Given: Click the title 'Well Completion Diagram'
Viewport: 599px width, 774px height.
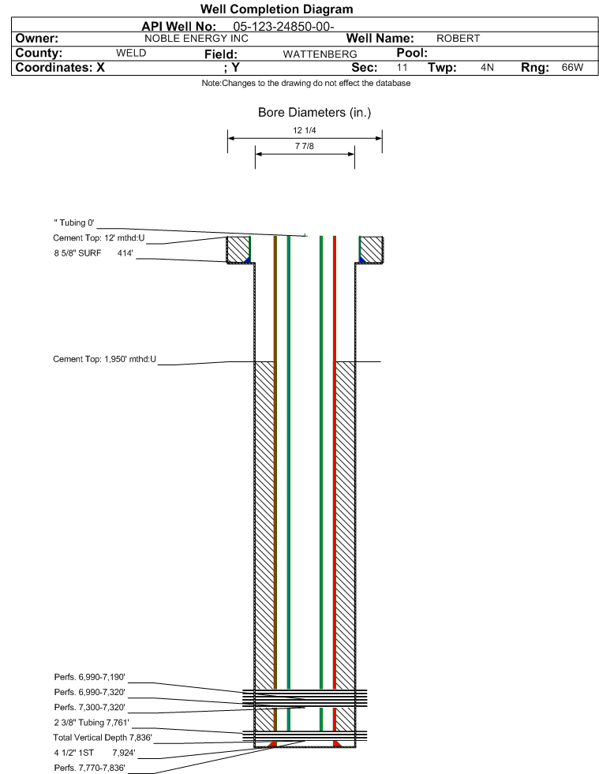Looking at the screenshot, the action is (276, 9).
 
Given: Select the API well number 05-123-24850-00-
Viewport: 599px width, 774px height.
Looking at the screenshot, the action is (283, 27).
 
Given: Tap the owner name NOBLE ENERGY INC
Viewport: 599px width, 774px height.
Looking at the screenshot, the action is (196, 39).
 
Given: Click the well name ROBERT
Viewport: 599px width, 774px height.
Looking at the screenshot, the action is (458, 39).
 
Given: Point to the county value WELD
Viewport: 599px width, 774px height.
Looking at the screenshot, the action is (131, 53).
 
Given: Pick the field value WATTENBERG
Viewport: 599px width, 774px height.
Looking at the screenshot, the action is (320, 54).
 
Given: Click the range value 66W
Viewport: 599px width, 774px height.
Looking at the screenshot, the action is (572, 67).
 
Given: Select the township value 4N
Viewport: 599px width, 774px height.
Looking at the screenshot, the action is (487, 67).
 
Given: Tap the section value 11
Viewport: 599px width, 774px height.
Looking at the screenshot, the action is (402, 67).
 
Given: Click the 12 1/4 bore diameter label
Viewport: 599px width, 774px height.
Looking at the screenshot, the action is (304, 130).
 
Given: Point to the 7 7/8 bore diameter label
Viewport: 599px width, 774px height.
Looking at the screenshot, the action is (304, 146).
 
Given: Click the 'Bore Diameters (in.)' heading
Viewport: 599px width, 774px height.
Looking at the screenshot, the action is (314, 113).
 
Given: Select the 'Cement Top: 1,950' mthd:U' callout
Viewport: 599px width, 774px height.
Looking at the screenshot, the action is (104, 359).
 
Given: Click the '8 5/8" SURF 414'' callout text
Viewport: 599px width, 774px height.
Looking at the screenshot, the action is (93, 253).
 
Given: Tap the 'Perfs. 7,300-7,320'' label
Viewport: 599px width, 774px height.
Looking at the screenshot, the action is (89, 708).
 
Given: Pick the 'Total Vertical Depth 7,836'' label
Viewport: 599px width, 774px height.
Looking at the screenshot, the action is (103, 738).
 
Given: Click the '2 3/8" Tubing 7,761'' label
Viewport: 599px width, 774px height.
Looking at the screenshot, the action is (92, 723).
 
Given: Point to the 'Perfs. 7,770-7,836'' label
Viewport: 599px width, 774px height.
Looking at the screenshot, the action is (89, 768).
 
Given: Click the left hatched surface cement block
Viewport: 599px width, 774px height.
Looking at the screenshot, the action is (238, 250).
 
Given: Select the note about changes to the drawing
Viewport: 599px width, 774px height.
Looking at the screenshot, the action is (305, 84).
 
